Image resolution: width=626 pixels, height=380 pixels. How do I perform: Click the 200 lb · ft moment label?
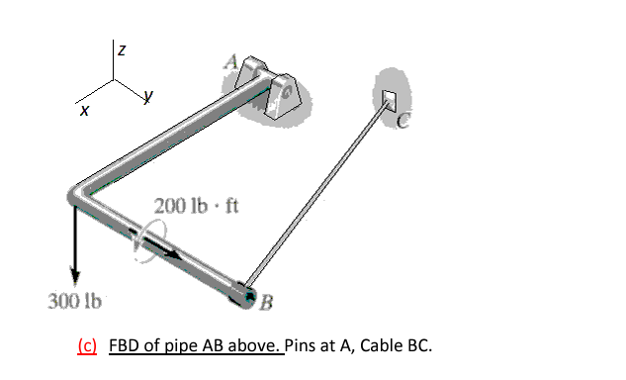pyautogui.click(x=191, y=208)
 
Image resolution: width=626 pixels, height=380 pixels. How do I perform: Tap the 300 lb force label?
pyautogui.click(x=70, y=299)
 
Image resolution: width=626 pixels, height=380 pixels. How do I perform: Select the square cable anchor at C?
pyautogui.click(x=389, y=97)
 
